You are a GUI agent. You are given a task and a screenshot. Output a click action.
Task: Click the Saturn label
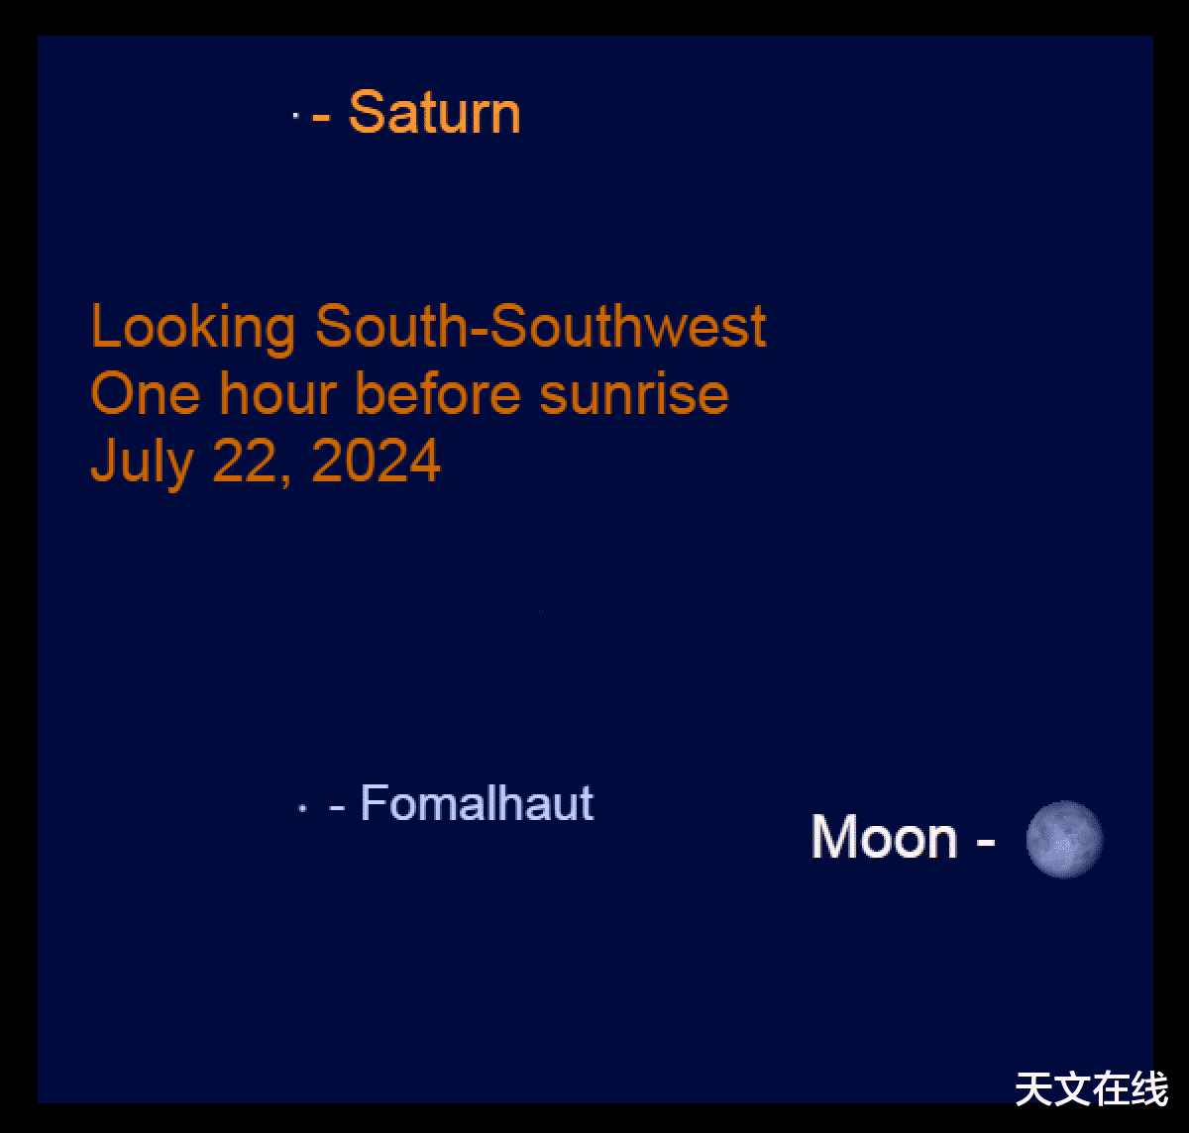pos(434,112)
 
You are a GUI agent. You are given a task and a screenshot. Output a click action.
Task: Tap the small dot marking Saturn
pos(295,115)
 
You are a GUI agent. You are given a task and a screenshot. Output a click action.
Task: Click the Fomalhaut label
pos(478,802)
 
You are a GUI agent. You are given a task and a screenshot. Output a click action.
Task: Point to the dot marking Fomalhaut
pos(303,808)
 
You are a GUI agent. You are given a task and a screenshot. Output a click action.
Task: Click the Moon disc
pos(1064,839)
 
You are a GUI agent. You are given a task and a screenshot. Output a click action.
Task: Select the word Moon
pos(884,837)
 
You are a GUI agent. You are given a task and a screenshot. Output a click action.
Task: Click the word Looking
pos(193,327)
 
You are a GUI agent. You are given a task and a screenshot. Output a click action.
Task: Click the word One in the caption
pos(145,393)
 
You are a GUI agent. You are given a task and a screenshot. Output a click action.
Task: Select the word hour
pos(277,392)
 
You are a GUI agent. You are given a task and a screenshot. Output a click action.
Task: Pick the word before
pos(438,392)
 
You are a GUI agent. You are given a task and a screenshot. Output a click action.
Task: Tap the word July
pos(142,462)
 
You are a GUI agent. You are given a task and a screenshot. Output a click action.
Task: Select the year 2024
pos(376,461)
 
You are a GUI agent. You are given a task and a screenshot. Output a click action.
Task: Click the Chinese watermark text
pos(1092,1089)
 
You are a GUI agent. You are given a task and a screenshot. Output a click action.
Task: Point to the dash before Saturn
pos(321,115)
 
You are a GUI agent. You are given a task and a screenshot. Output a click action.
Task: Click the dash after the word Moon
pos(986,841)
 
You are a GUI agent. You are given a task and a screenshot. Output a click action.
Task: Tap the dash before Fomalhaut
pos(337,807)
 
